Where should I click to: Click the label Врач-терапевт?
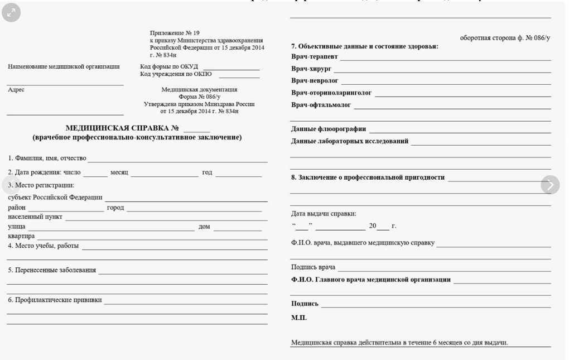tap(315, 57)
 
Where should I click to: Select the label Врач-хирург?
tap(311, 69)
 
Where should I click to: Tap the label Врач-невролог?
tap(315, 81)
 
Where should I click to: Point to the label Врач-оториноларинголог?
tap(331, 93)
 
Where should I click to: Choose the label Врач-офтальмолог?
tap(321, 105)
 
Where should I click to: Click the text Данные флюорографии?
tap(329, 129)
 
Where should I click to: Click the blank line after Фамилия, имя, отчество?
tap(177, 159)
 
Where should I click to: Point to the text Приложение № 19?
tap(175, 33)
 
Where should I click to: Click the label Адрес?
tap(16, 90)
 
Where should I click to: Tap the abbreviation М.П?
tap(299, 318)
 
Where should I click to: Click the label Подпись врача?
tap(313, 267)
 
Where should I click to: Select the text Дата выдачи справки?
tap(324, 214)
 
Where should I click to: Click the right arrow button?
tap(550, 185)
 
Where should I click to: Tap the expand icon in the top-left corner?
tap(11, 12)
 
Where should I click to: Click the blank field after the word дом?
tap(237, 227)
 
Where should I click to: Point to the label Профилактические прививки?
tap(55, 300)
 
